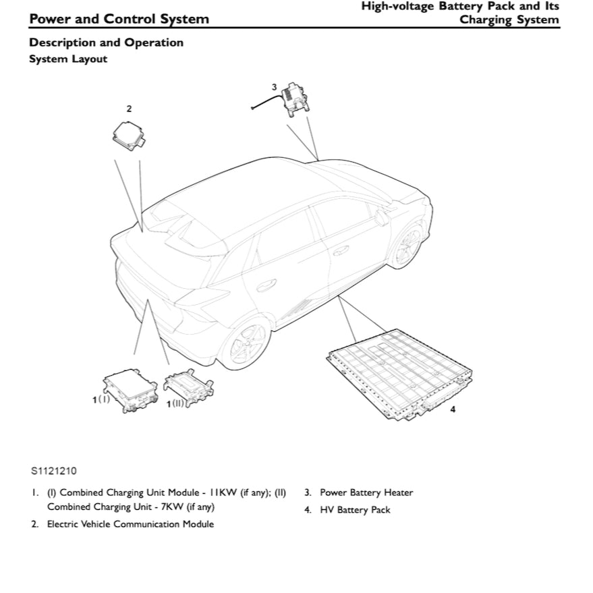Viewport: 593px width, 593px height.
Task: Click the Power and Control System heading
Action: [x=119, y=19]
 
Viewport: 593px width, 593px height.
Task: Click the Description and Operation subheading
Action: [x=106, y=43]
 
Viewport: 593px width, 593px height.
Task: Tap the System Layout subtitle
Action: [x=67, y=59]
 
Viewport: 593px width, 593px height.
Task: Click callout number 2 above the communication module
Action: [x=129, y=108]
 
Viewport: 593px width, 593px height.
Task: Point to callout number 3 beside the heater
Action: [x=274, y=86]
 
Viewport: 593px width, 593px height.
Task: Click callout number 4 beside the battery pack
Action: [x=452, y=410]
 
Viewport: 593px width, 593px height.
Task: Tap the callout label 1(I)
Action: [x=101, y=399]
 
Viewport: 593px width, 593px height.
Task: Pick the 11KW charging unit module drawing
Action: [x=129, y=389]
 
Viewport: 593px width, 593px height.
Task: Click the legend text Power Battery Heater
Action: [x=366, y=492]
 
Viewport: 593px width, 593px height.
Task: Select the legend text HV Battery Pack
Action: [x=355, y=510]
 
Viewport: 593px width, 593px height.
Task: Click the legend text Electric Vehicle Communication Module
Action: [x=130, y=524]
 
